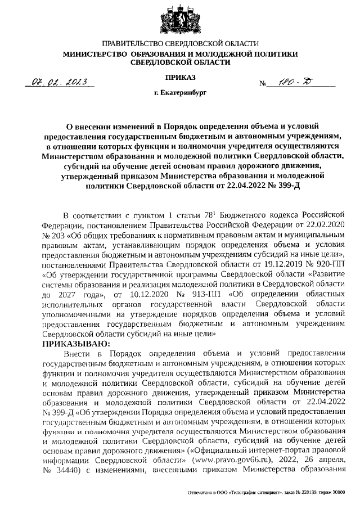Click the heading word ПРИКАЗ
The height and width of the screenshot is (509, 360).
coord(180,76)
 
